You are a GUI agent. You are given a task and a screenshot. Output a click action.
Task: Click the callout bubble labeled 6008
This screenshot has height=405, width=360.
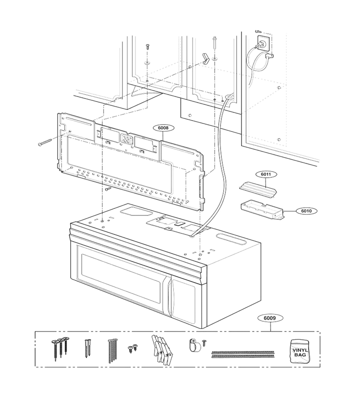(163, 128)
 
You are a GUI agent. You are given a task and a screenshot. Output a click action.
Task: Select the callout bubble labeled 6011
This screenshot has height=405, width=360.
(266, 174)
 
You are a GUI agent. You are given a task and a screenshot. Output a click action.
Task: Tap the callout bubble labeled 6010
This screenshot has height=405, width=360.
(306, 211)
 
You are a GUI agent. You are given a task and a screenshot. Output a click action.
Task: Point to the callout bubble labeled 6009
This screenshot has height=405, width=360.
(270, 318)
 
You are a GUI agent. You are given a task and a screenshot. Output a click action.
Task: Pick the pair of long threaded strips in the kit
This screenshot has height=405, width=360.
(243, 354)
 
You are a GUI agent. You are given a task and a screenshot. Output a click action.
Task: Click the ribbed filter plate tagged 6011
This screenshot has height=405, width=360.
(258, 190)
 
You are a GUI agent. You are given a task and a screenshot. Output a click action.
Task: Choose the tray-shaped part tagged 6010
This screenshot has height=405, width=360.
(262, 209)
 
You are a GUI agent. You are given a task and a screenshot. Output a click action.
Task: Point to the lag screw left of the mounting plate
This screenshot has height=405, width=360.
(45, 142)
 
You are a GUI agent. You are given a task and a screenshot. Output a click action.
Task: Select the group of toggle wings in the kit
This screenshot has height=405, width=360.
(162, 349)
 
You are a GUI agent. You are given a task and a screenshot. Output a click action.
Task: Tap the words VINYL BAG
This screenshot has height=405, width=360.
(300, 352)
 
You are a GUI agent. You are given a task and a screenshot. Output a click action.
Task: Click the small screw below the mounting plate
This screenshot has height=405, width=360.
(108, 189)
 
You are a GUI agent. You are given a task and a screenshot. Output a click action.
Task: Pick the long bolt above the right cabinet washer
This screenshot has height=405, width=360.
(214, 43)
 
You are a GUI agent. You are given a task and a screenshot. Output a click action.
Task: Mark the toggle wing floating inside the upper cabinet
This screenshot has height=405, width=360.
(206, 58)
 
